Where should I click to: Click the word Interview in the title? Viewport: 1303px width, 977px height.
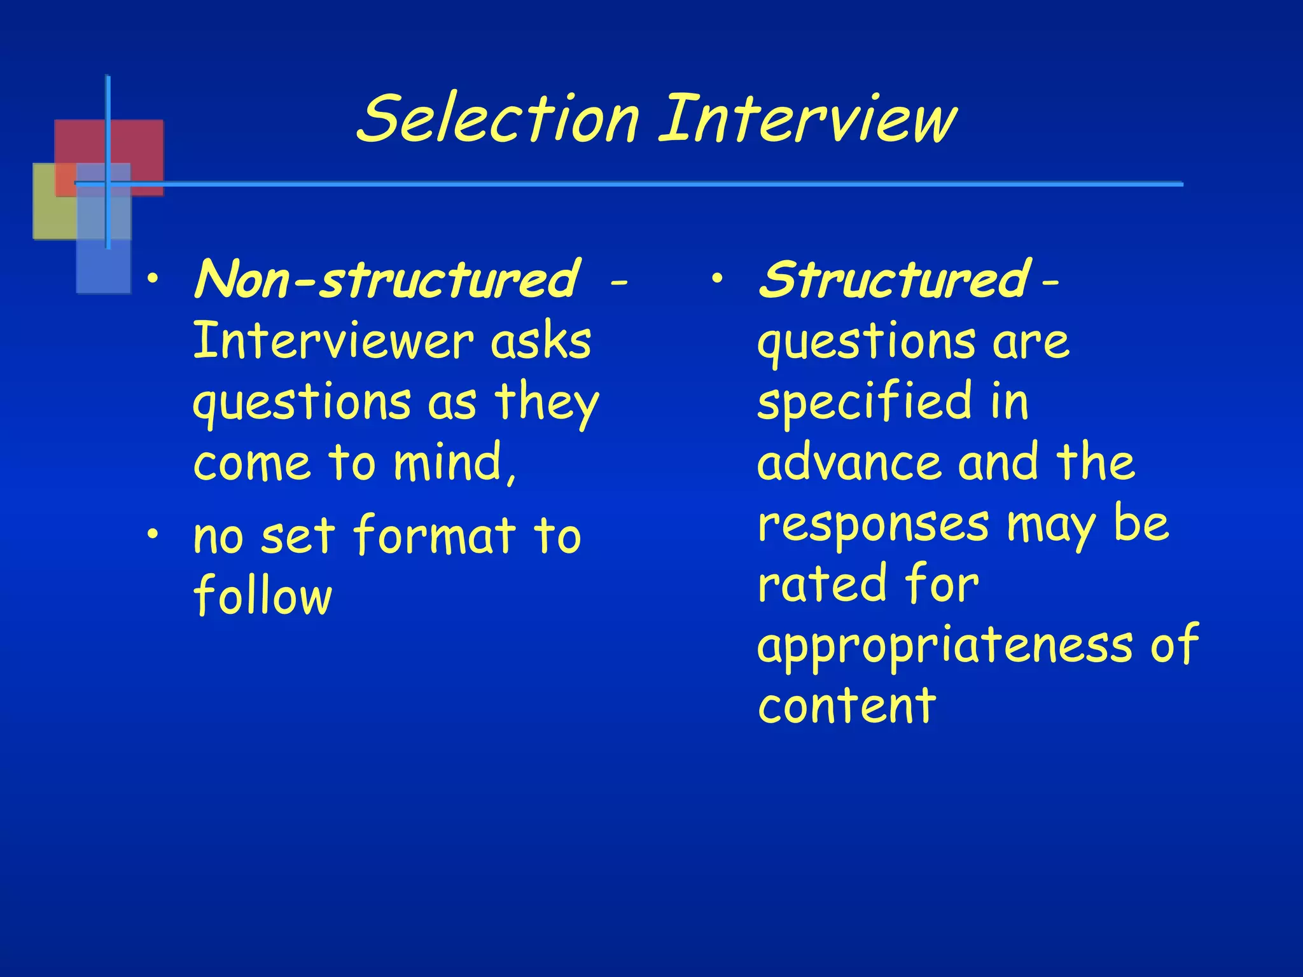807,119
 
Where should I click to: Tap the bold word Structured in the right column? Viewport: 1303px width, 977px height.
893,280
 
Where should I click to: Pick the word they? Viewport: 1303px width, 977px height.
547,403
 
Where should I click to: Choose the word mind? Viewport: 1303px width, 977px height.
453,462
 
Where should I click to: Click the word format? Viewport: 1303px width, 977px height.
435,536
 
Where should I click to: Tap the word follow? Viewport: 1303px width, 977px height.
263,596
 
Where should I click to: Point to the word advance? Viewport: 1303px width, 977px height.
849,462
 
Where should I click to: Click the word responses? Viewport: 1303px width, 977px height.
874,525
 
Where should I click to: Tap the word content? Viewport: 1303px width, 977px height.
846,706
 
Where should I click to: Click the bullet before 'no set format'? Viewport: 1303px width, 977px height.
152,535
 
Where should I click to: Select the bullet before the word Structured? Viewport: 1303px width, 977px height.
717,278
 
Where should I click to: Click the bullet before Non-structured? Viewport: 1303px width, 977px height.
152,278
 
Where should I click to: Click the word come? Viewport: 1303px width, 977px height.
252,464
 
